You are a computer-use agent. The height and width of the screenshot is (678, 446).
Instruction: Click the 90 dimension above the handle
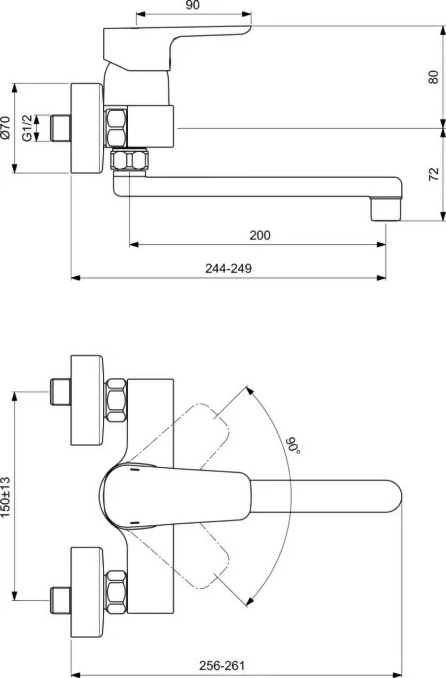(193, 5)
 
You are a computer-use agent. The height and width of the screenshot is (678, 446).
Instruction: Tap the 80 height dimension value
(434, 77)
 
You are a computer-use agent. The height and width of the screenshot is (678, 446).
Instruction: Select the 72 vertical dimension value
(434, 173)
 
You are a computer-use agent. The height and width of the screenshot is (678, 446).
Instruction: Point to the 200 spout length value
(260, 235)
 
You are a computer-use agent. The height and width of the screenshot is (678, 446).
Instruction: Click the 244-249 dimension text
(228, 268)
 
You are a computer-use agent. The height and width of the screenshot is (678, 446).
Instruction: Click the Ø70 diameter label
(6, 128)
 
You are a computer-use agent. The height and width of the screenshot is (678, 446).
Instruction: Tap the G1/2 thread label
(27, 128)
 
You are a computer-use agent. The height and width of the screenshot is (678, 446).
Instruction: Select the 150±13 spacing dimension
(5, 497)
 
